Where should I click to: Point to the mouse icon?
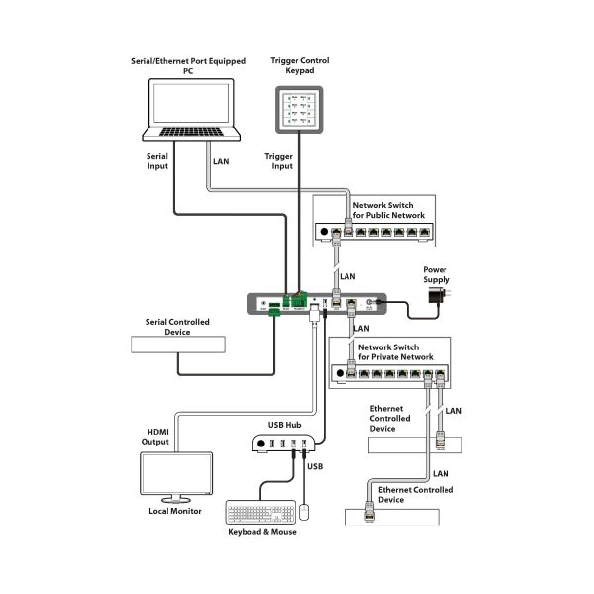306,511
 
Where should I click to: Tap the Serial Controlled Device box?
177,346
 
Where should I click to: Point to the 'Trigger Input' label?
279,161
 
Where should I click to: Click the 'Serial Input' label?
158,161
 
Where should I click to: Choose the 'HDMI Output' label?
158,437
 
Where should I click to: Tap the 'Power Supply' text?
436,273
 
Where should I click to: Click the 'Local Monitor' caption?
175,511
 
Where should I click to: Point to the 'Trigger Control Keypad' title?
300,66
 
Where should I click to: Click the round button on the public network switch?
322,233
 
